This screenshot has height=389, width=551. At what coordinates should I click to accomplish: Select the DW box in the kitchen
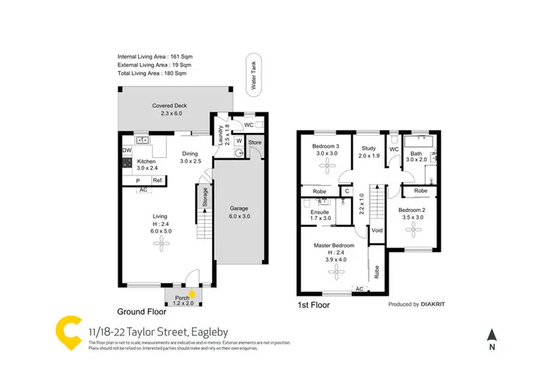[x=126, y=151]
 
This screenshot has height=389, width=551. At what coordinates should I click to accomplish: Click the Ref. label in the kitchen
[x=158, y=180]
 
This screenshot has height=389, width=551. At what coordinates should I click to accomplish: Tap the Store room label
[x=254, y=142]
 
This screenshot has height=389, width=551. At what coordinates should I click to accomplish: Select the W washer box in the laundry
[x=240, y=141]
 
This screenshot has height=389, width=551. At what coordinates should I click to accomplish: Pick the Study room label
[x=368, y=148]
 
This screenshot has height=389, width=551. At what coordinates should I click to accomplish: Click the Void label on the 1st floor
[x=378, y=230]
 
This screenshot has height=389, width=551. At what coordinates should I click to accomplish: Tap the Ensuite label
[x=320, y=213]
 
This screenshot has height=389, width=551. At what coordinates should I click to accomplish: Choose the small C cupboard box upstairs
[x=347, y=192]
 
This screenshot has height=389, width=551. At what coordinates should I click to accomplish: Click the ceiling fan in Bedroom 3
[x=325, y=167]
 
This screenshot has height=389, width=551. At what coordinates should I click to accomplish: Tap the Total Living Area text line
[x=152, y=73]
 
